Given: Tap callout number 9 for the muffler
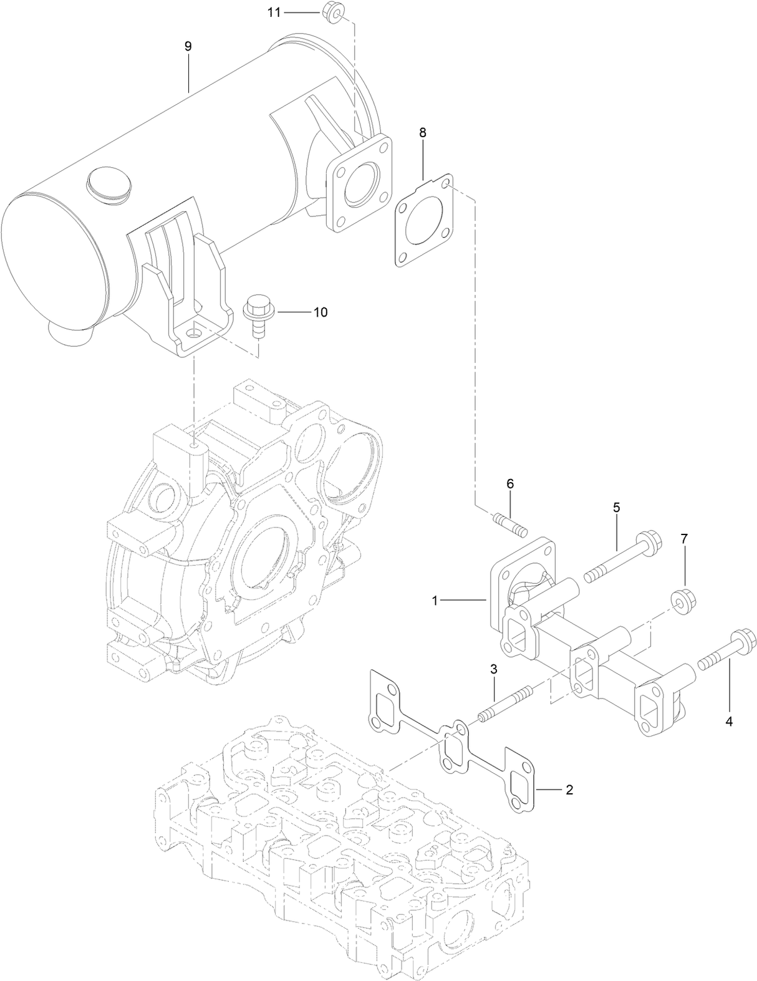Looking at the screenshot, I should point(188,46).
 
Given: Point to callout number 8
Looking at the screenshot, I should point(423,132).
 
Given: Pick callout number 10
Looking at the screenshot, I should point(320,312).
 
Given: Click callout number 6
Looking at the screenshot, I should point(509,483).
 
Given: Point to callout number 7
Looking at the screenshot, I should point(684,539).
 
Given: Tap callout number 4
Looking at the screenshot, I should point(728,722).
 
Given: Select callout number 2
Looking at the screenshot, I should point(569,790).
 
